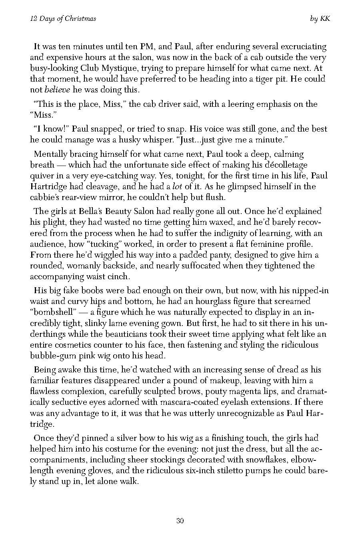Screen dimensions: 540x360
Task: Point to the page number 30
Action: tap(180, 520)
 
